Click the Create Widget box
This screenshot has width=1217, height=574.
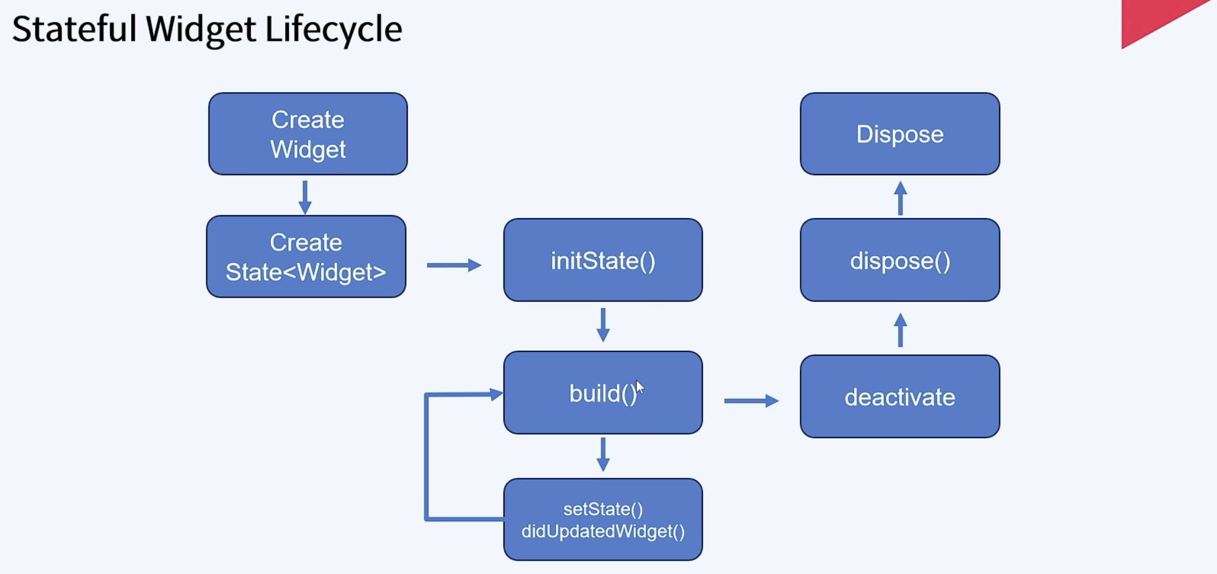(308, 134)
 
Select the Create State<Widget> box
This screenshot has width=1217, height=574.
(306, 257)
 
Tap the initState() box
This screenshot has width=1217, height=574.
(603, 260)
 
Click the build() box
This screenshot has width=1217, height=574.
(603, 393)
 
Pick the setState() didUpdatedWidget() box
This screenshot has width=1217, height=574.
(603, 520)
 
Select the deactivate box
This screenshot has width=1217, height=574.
(899, 397)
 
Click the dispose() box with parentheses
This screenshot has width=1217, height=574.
(899, 260)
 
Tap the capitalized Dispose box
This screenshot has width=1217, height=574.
(899, 134)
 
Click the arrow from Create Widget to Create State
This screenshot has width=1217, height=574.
(305, 197)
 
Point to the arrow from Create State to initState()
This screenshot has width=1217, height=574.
(454, 265)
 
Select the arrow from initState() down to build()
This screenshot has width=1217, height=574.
(603, 324)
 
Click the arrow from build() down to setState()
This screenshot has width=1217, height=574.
(603, 454)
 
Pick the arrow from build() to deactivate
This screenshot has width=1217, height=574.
(751, 401)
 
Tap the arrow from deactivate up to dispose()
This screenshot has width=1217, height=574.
(900, 330)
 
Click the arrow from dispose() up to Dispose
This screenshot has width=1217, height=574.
(900, 198)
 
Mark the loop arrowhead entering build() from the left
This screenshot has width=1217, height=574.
(496, 394)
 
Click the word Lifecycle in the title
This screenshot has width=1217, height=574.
(334, 29)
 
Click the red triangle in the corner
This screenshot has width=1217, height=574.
(1152, 19)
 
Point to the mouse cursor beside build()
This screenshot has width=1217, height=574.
(640, 387)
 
